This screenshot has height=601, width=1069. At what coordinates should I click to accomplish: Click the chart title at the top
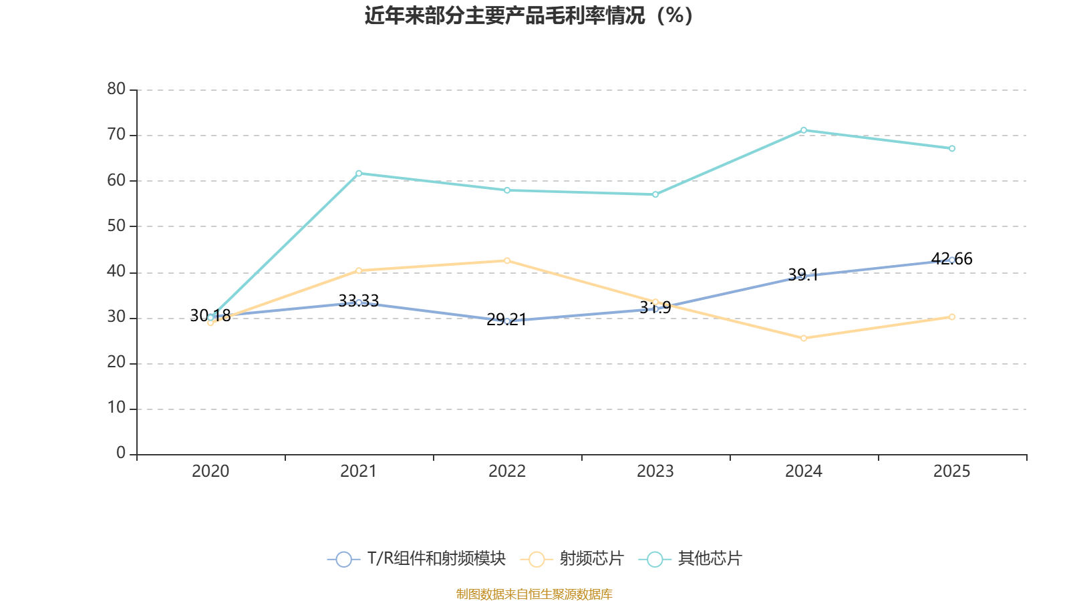click(528, 15)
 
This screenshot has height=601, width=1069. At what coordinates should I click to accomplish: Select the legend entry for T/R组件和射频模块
click(417, 559)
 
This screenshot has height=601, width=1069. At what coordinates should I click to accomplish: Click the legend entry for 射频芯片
click(575, 559)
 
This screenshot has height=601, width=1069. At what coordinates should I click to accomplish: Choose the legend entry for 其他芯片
click(692, 559)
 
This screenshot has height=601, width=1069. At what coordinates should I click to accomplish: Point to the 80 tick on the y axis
click(116, 89)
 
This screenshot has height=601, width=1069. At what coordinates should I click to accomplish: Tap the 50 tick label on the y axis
click(116, 226)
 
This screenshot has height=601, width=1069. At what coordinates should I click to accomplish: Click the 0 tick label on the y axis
click(121, 453)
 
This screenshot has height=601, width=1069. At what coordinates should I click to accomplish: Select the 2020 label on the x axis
click(210, 471)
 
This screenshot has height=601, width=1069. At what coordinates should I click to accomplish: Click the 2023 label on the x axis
click(655, 471)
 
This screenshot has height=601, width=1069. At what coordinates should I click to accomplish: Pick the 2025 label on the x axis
click(951, 471)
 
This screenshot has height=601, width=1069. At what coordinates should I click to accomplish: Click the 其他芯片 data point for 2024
click(804, 130)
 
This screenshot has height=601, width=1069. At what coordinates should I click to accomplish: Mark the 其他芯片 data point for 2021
click(359, 173)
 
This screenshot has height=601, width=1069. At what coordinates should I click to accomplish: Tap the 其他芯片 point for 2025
click(952, 148)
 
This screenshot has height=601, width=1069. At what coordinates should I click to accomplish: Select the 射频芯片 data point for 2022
click(507, 260)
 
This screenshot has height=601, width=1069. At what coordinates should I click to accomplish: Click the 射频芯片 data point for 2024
click(804, 339)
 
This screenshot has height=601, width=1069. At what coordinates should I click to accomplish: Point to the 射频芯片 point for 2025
click(952, 317)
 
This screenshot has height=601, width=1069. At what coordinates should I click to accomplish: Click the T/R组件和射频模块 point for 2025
click(952, 260)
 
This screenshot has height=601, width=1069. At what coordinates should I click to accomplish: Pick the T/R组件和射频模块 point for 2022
click(507, 321)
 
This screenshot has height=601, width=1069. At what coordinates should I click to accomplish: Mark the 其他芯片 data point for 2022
click(507, 190)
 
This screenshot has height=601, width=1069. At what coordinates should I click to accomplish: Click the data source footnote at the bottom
click(534, 594)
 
